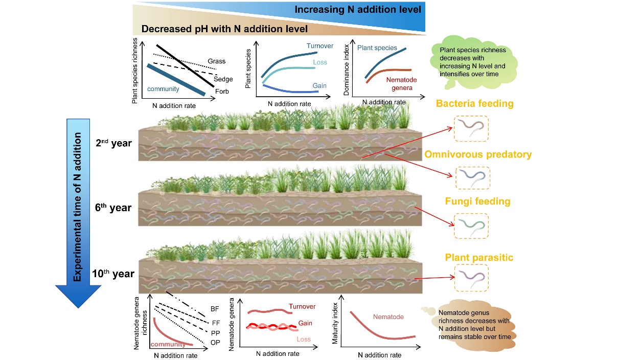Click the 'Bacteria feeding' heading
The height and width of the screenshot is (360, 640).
tap(474, 104)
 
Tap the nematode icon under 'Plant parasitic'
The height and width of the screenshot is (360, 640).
tap(471, 277)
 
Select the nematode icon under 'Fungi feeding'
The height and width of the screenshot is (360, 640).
tap(471, 226)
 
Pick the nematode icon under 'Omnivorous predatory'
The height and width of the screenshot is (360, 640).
tap(472, 177)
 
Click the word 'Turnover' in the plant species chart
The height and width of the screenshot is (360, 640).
tap(319, 46)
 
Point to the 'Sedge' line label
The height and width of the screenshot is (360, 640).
tap(223, 79)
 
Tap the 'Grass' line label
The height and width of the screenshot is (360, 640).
tap(216, 61)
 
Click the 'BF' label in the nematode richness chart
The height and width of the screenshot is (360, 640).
tap(215, 309)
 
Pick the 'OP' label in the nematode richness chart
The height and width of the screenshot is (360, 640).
tap(215, 342)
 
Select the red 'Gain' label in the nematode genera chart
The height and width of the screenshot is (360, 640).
tap(306, 323)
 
